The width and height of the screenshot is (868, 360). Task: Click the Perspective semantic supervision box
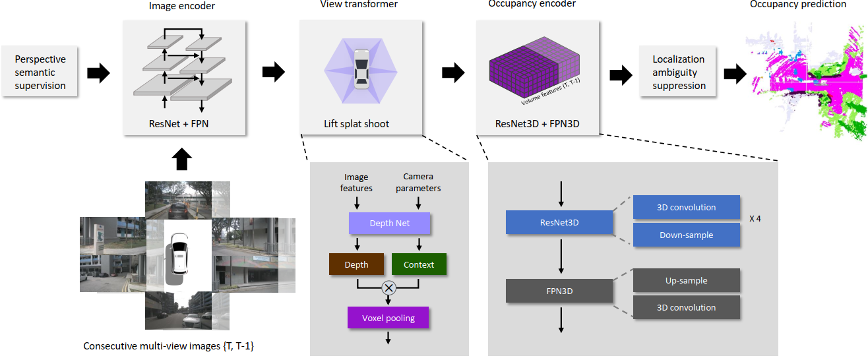click(x=40, y=73)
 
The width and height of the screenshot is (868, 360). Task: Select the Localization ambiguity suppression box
click(x=679, y=73)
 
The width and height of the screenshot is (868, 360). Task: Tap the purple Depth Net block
click(x=389, y=224)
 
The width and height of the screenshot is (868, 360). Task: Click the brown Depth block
click(x=357, y=264)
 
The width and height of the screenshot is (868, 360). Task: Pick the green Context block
click(x=419, y=264)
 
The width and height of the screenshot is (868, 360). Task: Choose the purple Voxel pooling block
click(x=388, y=318)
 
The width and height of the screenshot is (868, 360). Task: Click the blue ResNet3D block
click(x=560, y=223)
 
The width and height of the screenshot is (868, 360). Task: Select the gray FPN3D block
click(x=560, y=290)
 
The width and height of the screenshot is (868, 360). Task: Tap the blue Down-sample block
click(x=686, y=235)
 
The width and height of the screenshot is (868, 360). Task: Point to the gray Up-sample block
click(x=686, y=280)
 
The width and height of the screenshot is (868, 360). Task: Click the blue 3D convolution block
click(x=686, y=207)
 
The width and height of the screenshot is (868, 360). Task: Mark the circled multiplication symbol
click(x=388, y=287)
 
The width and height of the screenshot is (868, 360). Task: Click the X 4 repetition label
click(x=755, y=218)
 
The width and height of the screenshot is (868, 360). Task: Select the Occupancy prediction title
click(x=797, y=5)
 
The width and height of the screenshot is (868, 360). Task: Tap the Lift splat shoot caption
click(x=356, y=123)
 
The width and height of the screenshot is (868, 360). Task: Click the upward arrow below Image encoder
click(x=183, y=160)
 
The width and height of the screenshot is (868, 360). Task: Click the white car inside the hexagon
click(x=361, y=69)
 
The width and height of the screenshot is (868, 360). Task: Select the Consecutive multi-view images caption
click(x=168, y=345)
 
